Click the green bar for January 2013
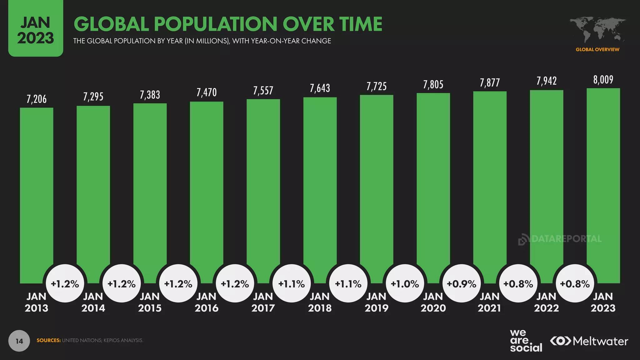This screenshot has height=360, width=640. [37, 187]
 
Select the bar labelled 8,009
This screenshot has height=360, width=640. [603, 181]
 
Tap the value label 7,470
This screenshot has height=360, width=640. [207, 92]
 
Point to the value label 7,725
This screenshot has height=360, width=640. [377, 86]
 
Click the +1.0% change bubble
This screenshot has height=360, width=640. [405, 284]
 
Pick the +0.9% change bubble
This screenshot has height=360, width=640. [462, 284]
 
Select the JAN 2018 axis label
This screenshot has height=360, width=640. [320, 302]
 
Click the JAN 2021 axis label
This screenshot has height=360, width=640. [489, 302]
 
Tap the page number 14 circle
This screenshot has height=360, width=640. [19, 341]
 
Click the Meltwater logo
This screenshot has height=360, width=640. [589, 341]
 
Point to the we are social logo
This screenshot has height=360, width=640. [526, 341]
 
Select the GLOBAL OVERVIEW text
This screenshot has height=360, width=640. [597, 49]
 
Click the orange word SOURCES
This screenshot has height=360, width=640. [48, 340]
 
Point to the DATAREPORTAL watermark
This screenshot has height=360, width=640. [560, 239]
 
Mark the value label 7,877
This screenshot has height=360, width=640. [490, 83]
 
